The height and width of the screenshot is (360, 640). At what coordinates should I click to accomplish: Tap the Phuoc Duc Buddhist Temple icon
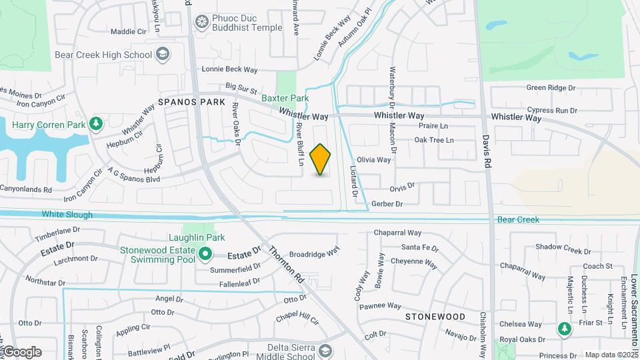(201, 23)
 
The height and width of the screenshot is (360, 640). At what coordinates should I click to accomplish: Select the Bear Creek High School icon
(162, 53)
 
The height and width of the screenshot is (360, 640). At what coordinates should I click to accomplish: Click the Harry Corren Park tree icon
(96, 124)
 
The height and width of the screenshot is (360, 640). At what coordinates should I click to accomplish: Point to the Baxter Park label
(285, 98)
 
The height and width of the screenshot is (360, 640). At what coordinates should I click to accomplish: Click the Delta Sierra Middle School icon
(325, 351)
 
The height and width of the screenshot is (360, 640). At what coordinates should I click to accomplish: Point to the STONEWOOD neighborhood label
(435, 317)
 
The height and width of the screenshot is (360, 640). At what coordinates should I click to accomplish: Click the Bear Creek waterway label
(517, 219)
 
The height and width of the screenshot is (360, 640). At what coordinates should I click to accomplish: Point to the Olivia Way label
(373, 160)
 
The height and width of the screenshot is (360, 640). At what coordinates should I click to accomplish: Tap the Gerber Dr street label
(387, 204)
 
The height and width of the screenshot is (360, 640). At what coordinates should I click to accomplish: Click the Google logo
(21, 352)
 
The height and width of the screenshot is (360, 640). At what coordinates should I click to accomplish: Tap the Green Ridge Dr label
(551, 87)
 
